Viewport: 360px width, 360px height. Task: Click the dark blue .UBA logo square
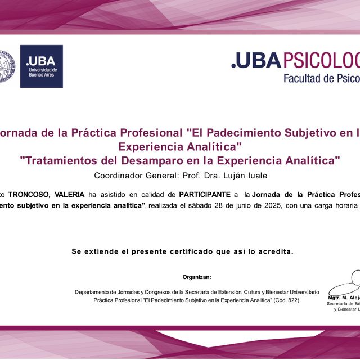pyautogui.click(x=41, y=66)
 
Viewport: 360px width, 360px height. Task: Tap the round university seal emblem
pyautogui.click(x=6, y=66)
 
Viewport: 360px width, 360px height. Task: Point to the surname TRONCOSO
pyautogui.click(x=29, y=194)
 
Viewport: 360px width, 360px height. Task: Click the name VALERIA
pyautogui.click(x=69, y=194)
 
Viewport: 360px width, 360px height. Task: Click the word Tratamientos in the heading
pyautogui.click(x=61, y=160)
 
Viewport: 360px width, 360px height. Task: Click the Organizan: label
pyautogui.click(x=197, y=277)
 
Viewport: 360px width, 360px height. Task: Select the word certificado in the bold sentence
pyautogui.click(x=177, y=251)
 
